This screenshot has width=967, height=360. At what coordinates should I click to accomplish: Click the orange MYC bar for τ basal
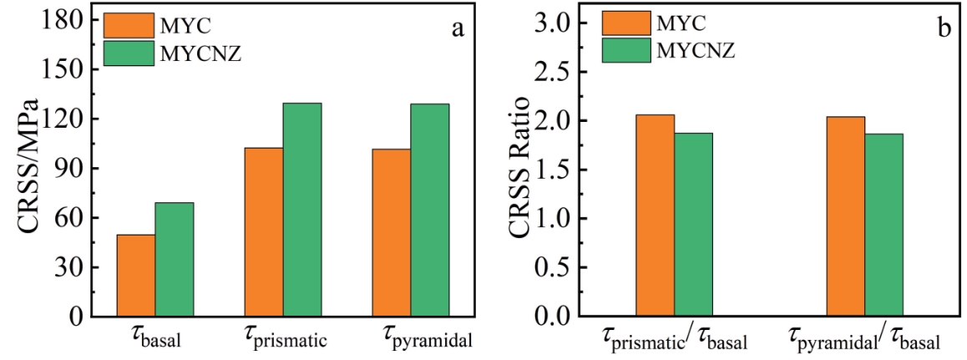pos(135,276)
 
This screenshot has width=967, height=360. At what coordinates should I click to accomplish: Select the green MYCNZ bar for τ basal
pos(174,260)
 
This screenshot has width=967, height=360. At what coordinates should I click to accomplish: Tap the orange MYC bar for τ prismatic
pos(263,232)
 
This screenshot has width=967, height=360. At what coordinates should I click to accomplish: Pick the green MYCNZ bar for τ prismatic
pos(301,210)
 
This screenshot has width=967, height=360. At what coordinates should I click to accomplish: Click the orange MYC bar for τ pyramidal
pos(391,233)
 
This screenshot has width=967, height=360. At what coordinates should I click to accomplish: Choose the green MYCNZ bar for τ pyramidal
pos(429,210)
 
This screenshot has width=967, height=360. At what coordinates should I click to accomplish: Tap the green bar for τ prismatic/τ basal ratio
pos(693,225)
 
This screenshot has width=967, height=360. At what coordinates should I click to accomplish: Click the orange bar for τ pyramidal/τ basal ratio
pos(845,216)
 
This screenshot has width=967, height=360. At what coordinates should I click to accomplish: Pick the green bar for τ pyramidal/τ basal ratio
pos(883,226)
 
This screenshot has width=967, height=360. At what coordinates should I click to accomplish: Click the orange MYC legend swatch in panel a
pos(129,25)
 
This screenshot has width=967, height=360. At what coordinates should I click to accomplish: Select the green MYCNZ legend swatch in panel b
pos(626,50)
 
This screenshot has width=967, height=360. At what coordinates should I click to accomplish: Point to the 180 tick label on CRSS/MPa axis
pos(66,21)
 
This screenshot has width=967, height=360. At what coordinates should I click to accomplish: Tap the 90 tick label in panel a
pos(72,169)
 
